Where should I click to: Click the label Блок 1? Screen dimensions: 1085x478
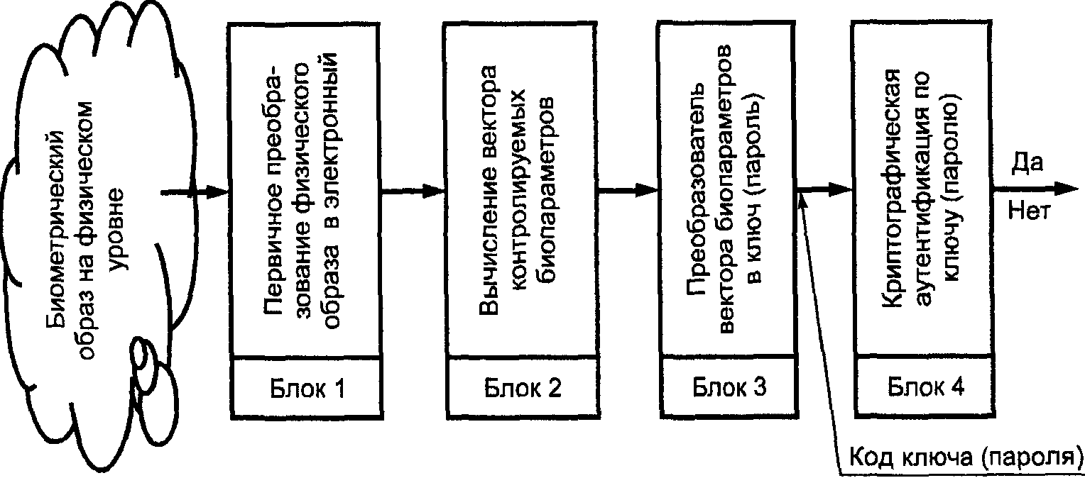pos(307,389)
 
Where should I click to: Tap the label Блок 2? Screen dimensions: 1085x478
pos(523,389)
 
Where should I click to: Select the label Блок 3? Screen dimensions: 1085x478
pos(729,387)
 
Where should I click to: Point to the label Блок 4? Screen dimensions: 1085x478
pos(925,387)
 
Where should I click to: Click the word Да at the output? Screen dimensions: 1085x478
pos(1026,163)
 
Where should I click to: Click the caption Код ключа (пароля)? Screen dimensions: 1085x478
pos(966,456)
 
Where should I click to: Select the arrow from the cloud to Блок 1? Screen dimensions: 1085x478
pos(194,192)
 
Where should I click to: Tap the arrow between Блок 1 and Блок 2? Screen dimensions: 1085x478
pos(412,191)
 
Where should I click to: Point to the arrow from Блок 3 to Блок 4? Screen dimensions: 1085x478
pos(824,189)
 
